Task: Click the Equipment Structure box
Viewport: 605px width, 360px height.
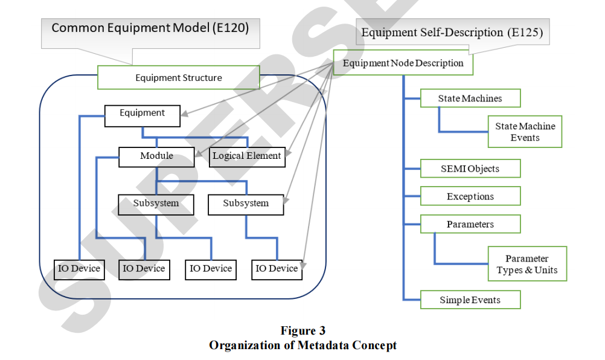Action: click(179, 77)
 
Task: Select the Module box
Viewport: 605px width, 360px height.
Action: click(156, 156)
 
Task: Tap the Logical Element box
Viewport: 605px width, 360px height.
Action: click(247, 156)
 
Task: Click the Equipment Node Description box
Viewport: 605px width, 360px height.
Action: click(403, 63)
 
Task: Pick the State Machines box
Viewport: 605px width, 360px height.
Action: click(470, 98)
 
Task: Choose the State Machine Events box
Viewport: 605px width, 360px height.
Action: click(525, 132)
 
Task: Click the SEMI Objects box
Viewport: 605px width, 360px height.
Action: click(470, 169)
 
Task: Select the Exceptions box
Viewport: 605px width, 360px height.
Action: click(470, 196)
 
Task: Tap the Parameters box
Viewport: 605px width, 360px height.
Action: click(470, 224)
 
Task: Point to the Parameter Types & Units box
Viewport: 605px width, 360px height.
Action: click(527, 264)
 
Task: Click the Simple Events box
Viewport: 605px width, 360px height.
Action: click(470, 300)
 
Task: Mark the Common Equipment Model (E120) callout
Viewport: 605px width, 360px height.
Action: click(150, 28)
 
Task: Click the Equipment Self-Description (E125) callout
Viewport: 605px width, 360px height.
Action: click(452, 33)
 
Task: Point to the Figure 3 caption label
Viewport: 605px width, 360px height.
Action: click(302, 330)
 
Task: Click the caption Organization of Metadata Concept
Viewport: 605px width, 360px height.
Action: click(302, 346)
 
